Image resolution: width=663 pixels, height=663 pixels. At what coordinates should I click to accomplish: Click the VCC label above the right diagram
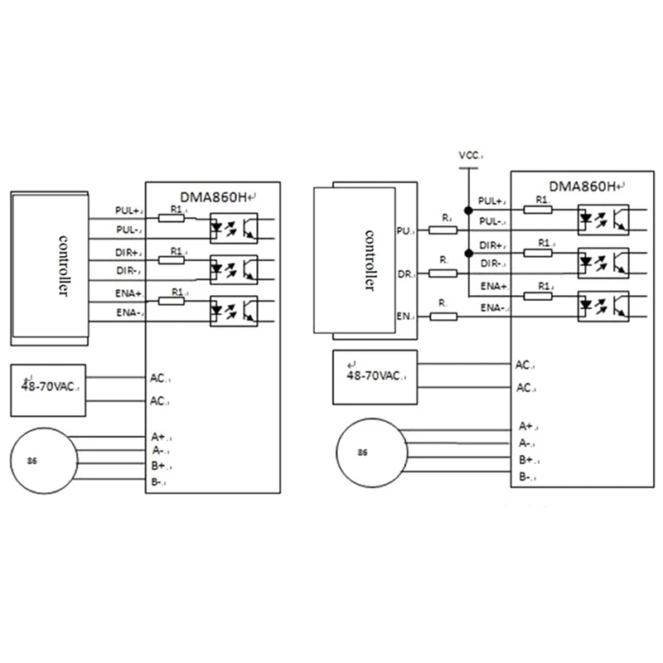tap(468, 155)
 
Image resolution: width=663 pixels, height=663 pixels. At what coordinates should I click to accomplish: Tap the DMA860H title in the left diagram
tap(214, 196)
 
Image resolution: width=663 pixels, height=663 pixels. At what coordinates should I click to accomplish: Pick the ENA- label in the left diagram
tap(129, 312)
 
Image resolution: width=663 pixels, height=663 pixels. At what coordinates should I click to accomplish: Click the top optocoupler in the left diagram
tap(235, 224)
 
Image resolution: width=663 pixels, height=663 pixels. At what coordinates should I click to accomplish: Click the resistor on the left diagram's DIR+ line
tap(172, 260)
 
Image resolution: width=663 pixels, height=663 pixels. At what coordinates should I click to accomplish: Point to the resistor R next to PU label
tap(445, 228)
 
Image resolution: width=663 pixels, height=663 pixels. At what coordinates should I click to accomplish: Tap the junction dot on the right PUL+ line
tap(468, 210)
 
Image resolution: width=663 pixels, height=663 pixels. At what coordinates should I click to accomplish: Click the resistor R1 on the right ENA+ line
tap(544, 293)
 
